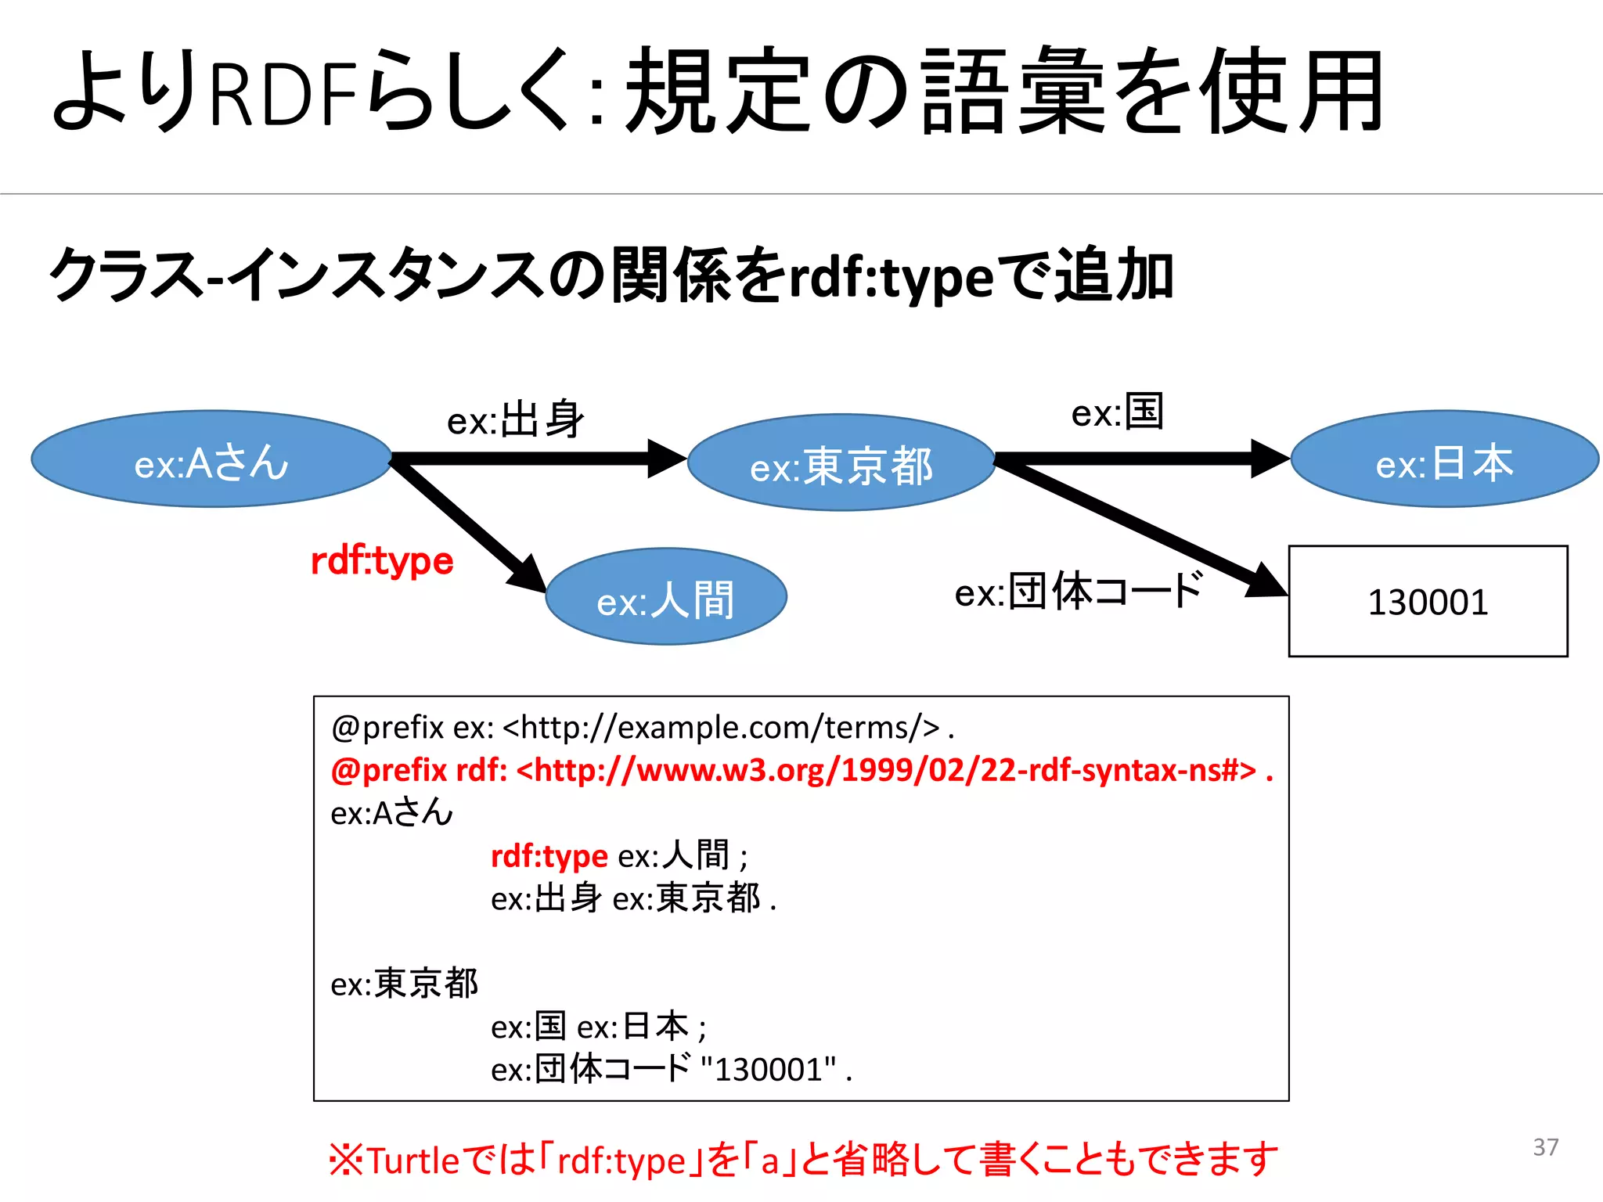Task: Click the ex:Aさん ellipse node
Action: click(x=211, y=459)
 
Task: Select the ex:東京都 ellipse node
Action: click(x=841, y=463)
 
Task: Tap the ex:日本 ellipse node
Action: click(x=1444, y=460)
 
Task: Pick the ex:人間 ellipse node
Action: click(x=666, y=597)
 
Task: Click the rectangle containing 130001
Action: click(x=1428, y=601)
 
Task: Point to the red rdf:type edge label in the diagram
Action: click(x=382, y=560)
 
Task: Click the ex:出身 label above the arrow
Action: click(x=516, y=419)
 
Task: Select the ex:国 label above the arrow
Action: click(x=1118, y=412)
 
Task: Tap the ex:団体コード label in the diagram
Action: click(x=1079, y=591)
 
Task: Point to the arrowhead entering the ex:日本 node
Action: click(x=1270, y=459)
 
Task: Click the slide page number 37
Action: click(x=1545, y=1147)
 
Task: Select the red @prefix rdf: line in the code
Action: click(x=801, y=770)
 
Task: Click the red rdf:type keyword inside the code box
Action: click(x=549, y=855)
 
